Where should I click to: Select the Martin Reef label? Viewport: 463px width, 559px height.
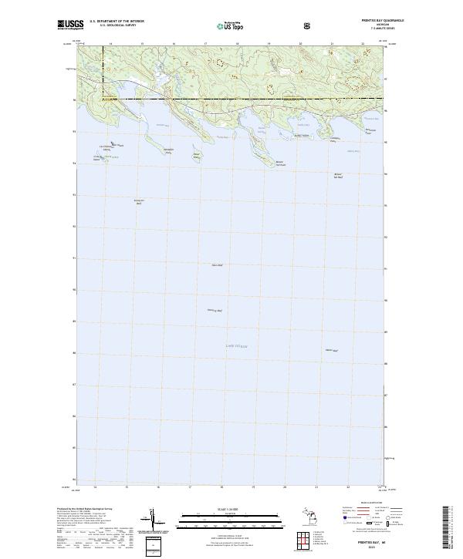pyautogui.click(x=333, y=349)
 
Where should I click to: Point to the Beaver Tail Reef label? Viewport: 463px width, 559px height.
pyautogui.click(x=337, y=175)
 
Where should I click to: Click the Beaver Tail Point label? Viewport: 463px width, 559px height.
pyautogui.click(x=281, y=163)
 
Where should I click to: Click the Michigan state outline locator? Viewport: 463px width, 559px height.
pyautogui.click(x=309, y=517)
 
